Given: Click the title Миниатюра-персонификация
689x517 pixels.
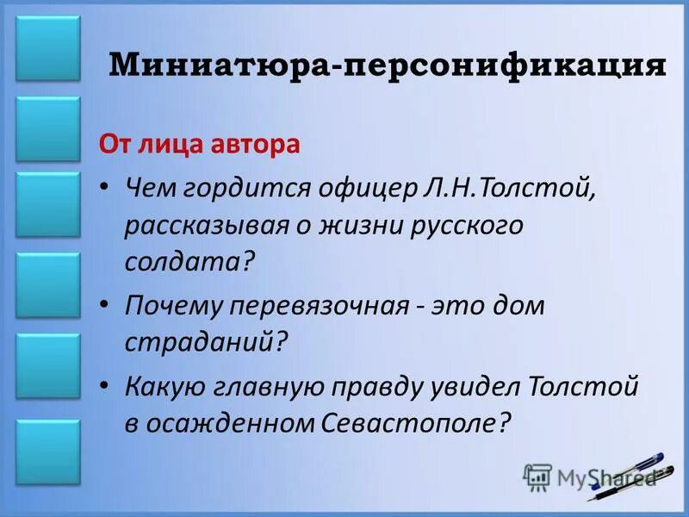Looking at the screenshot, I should click(388, 65).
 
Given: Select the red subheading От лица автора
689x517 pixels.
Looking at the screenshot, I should click(200, 143).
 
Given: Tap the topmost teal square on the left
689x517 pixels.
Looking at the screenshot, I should click(48, 48).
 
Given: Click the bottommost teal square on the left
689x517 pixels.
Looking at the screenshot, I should click(48, 452).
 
